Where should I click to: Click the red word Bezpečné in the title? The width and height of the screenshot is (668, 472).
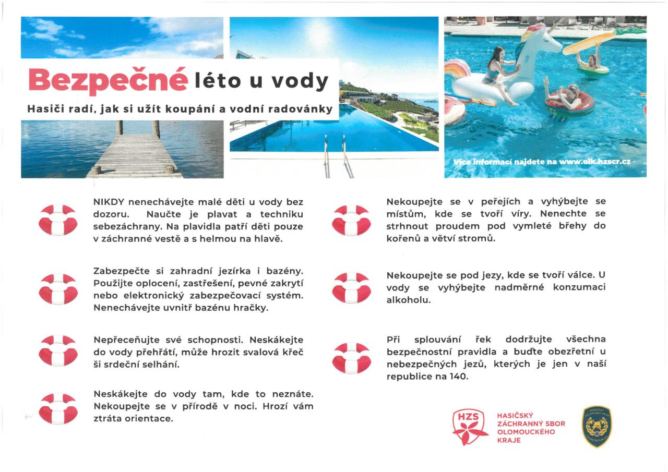(108, 80)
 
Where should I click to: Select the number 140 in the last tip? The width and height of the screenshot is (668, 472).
(459, 376)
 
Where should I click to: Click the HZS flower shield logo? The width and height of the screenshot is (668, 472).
(470, 427)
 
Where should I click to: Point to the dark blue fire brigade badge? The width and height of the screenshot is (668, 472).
(597, 427)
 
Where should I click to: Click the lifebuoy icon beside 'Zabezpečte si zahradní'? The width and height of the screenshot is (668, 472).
(58, 289)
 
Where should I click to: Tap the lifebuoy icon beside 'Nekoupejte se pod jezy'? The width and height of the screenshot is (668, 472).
(351, 287)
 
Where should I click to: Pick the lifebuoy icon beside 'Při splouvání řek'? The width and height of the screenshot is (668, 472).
(351, 358)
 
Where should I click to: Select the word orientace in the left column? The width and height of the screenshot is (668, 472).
(148, 418)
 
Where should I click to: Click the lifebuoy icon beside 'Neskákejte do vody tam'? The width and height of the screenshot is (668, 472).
(58, 408)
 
